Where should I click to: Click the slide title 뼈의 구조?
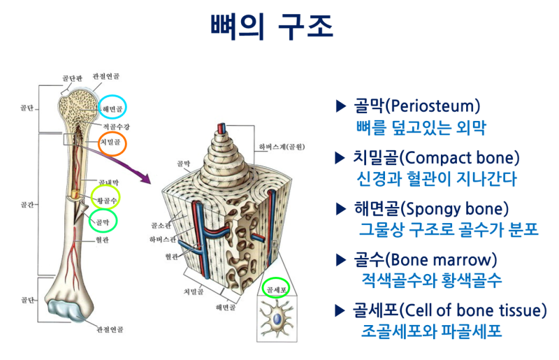(272, 27)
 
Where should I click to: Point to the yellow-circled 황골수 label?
(105, 200)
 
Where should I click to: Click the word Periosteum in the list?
(434, 106)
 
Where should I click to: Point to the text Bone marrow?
(451, 260)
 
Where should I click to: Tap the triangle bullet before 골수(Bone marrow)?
(341, 261)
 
